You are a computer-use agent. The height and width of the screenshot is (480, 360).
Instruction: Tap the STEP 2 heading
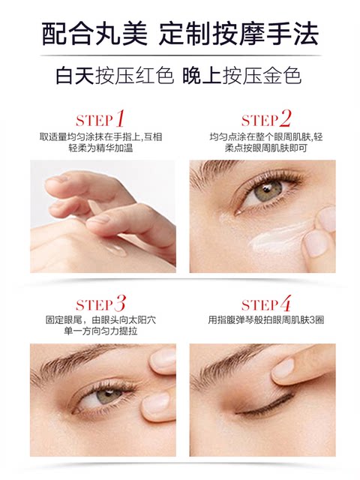pos(265,119)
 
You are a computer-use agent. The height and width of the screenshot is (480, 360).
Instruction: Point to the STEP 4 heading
pos(266,304)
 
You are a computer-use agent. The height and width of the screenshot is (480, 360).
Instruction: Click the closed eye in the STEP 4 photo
pos(259,409)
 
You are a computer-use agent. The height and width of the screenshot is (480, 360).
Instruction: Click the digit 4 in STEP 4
pos(285,304)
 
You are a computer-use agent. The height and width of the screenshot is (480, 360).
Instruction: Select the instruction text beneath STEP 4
pos(265,320)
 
